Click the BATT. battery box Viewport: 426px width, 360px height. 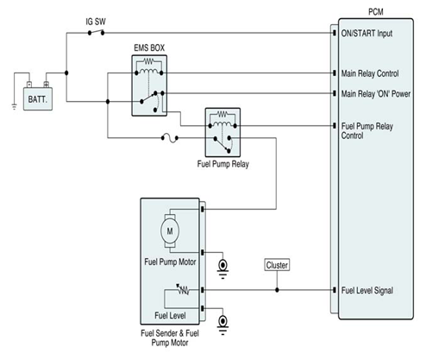pyautogui.click(x=38, y=98)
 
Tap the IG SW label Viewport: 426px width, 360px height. pyautogui.click(x=96, y=22)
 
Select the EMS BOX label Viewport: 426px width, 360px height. pyautogui.click(x=149, y=47)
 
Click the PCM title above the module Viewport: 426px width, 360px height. pyautogui.click(x=376, y=12)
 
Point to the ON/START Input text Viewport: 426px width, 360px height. pyautogui.click(x=366, y=34)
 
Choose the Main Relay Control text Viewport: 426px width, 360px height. pyautogui.click(x=370, y=73)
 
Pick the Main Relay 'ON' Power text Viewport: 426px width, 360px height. pyautogui.click(x=376, y=94)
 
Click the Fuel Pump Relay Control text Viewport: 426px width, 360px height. pyautogui.click(x=367, y=130)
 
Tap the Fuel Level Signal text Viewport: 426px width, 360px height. pyautogui.click(x=367, y=290)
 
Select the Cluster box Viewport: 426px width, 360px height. pyautogui.click(x=277, y=265)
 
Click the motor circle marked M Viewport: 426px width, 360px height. pyautogui.click(x=170, y=231)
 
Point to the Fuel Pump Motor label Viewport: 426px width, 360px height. pyautogui.click(x=170, y=262)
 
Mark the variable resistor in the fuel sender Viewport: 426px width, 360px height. pyautogui.click(x=183, y=289)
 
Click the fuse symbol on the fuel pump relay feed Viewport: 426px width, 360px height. pyautogui.click(x=170, y=138)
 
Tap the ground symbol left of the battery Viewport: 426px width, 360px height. pyautogui.click(x=14, y=106)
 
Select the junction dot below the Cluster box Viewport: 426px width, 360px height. pyautogui.click(x=277, y=290)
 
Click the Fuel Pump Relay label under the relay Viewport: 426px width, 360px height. pyautogui.click(x=223, y=164)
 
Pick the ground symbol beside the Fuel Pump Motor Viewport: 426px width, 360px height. pyautogui.click(x=222, y=268)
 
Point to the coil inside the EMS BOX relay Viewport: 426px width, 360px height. pyautogui.click(x=148, y=71)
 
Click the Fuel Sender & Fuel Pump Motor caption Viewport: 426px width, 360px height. pyautogui.click(x=170, y=338)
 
